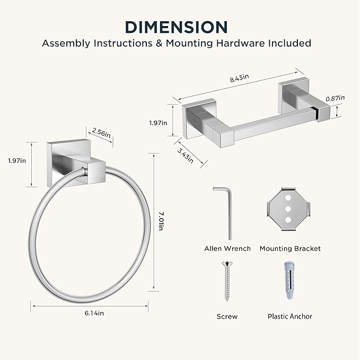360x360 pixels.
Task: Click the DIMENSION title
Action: coord(177,27)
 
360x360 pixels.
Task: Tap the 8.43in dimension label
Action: coord(239,78)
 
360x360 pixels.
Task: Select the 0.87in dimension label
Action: coord(335,98)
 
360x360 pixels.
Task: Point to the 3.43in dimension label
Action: coord(185,155)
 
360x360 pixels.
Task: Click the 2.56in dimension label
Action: coord(101,133)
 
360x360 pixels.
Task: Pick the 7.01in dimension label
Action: coord(161,221)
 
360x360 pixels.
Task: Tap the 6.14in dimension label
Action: coord(94,313)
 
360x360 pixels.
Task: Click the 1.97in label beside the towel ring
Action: coord(17,161)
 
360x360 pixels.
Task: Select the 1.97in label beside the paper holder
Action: coord(158,123)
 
